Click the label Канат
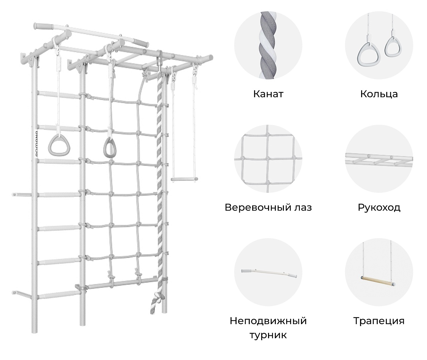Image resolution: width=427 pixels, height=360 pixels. (x=268, y=94)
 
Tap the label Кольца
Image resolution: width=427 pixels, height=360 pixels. (x=379, y=94)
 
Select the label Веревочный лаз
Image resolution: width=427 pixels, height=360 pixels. (x=268, y=207)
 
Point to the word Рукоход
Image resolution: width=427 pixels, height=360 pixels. (x=379, y=208)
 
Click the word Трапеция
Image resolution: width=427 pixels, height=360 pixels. (x=379, y=321)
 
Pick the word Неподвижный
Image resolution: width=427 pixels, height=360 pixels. (x=268, y=321)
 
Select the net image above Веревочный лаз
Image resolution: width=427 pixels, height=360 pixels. (x=268, y=159)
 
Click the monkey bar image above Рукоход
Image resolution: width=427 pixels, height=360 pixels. (x=379, y=161)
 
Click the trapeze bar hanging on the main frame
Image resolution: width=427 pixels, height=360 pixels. (x=184, y=179)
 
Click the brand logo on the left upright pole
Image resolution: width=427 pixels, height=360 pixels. (x=36, y=144)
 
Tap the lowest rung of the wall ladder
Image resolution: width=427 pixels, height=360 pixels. (x=58, y=295)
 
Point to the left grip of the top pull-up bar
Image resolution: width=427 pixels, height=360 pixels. (x=44, y=26)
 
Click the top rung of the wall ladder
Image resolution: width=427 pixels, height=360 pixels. (x=59, y=94)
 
